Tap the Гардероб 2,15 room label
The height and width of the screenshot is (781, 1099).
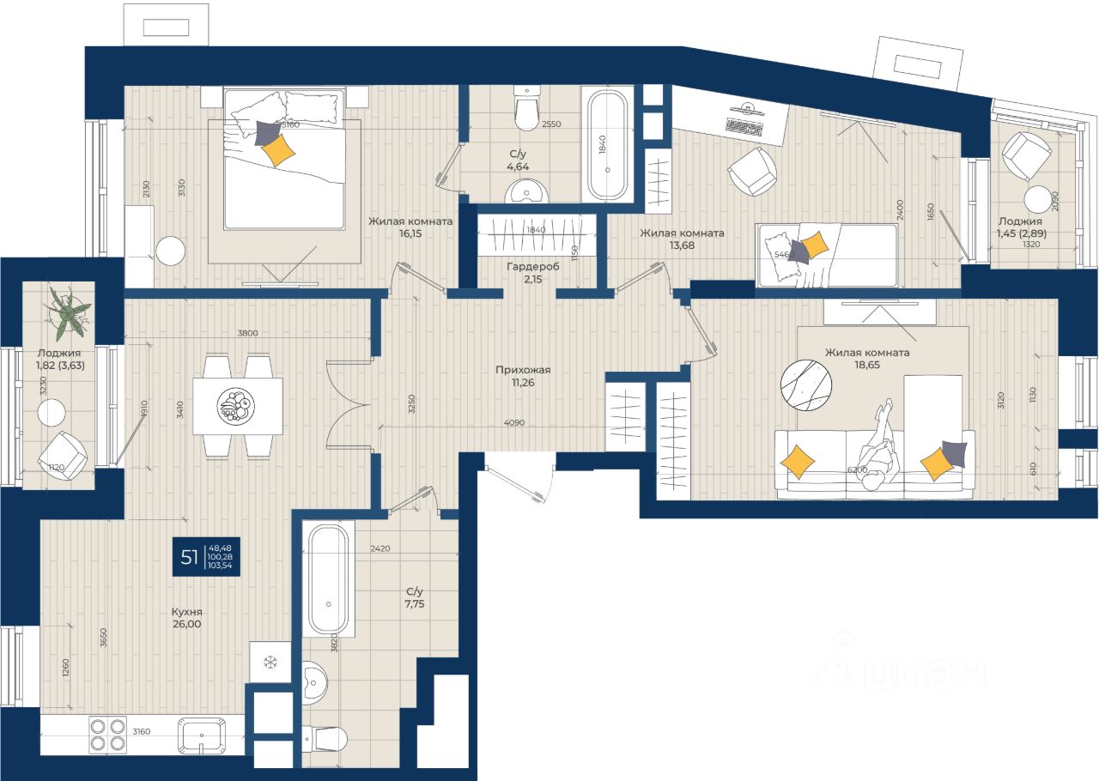532,273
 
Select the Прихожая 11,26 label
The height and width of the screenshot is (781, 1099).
522,377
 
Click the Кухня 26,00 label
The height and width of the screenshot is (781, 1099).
186,618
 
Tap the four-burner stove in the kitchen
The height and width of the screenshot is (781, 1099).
107,735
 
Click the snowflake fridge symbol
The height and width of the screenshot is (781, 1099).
270,663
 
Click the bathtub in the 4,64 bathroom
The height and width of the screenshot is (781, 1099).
608,143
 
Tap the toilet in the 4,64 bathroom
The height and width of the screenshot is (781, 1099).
525,106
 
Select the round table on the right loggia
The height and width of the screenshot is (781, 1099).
1039,199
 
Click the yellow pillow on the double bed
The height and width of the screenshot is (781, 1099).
278,151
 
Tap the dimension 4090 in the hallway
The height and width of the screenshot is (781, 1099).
514,421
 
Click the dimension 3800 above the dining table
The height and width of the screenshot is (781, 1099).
249,333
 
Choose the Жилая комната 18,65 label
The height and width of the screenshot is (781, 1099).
866,359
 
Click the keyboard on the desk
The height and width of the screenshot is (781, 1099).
744,125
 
